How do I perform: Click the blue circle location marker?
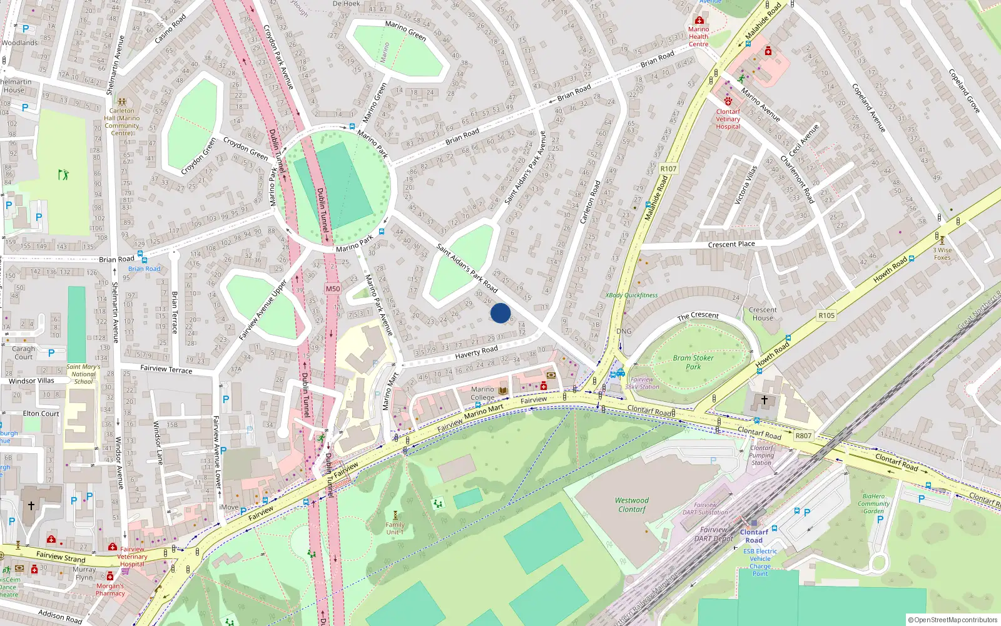point(500,313)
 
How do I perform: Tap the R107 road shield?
point(668,168)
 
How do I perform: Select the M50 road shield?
point(333,289)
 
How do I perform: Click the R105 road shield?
point(826,316)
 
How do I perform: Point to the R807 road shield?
point(803,436)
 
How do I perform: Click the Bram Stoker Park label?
point(693,362)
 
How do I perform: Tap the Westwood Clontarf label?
point(632,505)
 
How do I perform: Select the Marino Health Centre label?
point(699,36)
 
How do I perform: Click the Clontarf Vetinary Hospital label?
point(728,119)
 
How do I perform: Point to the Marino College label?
point(482,393)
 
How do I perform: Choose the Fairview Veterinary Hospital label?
point(132,557)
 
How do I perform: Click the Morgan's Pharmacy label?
point(110,590)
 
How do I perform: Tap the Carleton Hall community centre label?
point(122,121)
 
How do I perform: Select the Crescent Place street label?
point(731,244)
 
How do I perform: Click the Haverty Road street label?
point(477,352)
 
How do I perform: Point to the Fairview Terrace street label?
point(166,369)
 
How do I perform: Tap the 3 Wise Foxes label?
point(942,254)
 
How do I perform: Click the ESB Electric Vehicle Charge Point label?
point(760,562)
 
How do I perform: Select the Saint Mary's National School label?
point(83,374)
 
